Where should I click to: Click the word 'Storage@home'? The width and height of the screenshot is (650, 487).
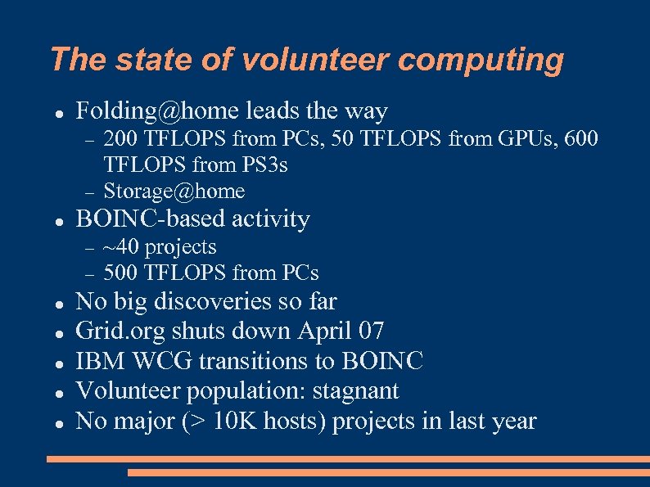(174, 192)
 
